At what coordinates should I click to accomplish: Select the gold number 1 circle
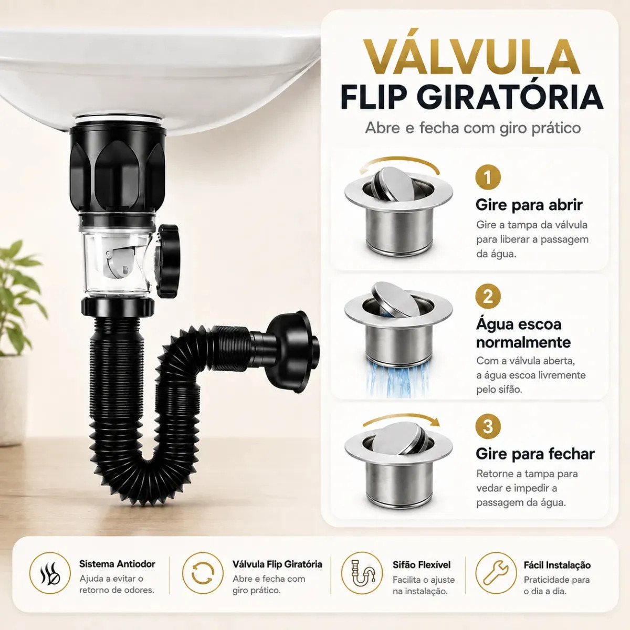pos(488,177)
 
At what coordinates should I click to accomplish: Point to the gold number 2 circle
pos(488,296)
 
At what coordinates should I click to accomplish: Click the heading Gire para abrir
pos(529,205)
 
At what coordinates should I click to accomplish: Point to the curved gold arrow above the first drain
pos(400,162)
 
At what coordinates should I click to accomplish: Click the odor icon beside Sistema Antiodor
pos(50,573)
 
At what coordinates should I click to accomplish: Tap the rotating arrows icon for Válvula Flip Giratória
pos(203,573)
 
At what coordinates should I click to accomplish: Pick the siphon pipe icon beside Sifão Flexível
pos(362,573)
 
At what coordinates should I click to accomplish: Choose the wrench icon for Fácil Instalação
pos(496,573)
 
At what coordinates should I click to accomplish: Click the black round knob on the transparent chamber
pos(168,260)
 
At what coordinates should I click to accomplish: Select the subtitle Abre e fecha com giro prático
pos(472,128)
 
